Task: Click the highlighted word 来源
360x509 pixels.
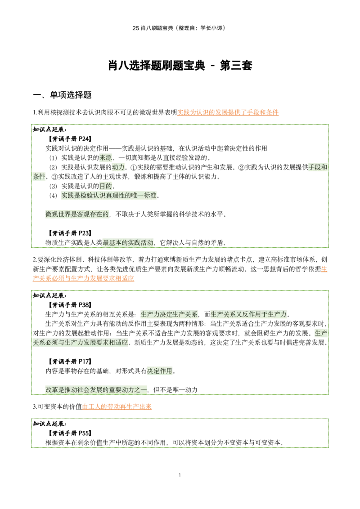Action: [106, 158]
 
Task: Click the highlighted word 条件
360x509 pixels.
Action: [39, 177]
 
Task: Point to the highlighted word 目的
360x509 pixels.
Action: [106, 185]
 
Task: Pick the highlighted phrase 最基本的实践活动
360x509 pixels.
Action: [128, 243]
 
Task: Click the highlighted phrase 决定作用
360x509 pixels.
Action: [159, 371]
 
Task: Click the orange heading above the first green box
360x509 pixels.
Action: [228, 113]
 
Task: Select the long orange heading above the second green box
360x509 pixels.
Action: [84, 279]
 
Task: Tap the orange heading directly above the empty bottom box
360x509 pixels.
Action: [117, 406]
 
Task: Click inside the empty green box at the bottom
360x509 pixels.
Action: [180, 434]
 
